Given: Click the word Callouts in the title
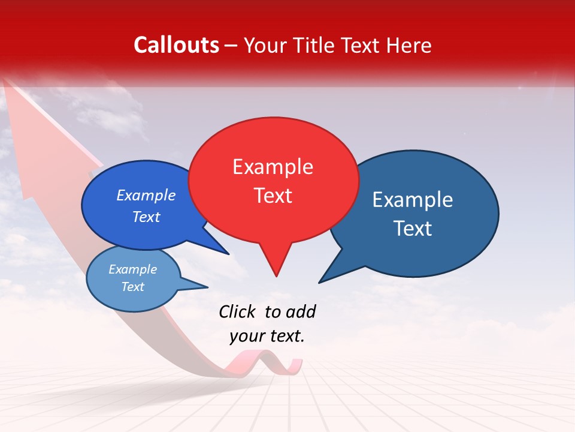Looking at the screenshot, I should click(176, 45).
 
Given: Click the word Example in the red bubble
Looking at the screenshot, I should click(273, 167).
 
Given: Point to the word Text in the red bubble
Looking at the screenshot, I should click(273, 196).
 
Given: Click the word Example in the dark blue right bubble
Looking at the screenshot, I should click(412, 200).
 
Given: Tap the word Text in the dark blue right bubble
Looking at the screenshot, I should click(413, 229).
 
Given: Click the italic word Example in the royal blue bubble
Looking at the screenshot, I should click(146, 195).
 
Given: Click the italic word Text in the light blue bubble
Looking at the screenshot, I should click(132, 287).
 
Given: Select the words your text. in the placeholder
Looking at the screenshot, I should click(267, 337).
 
